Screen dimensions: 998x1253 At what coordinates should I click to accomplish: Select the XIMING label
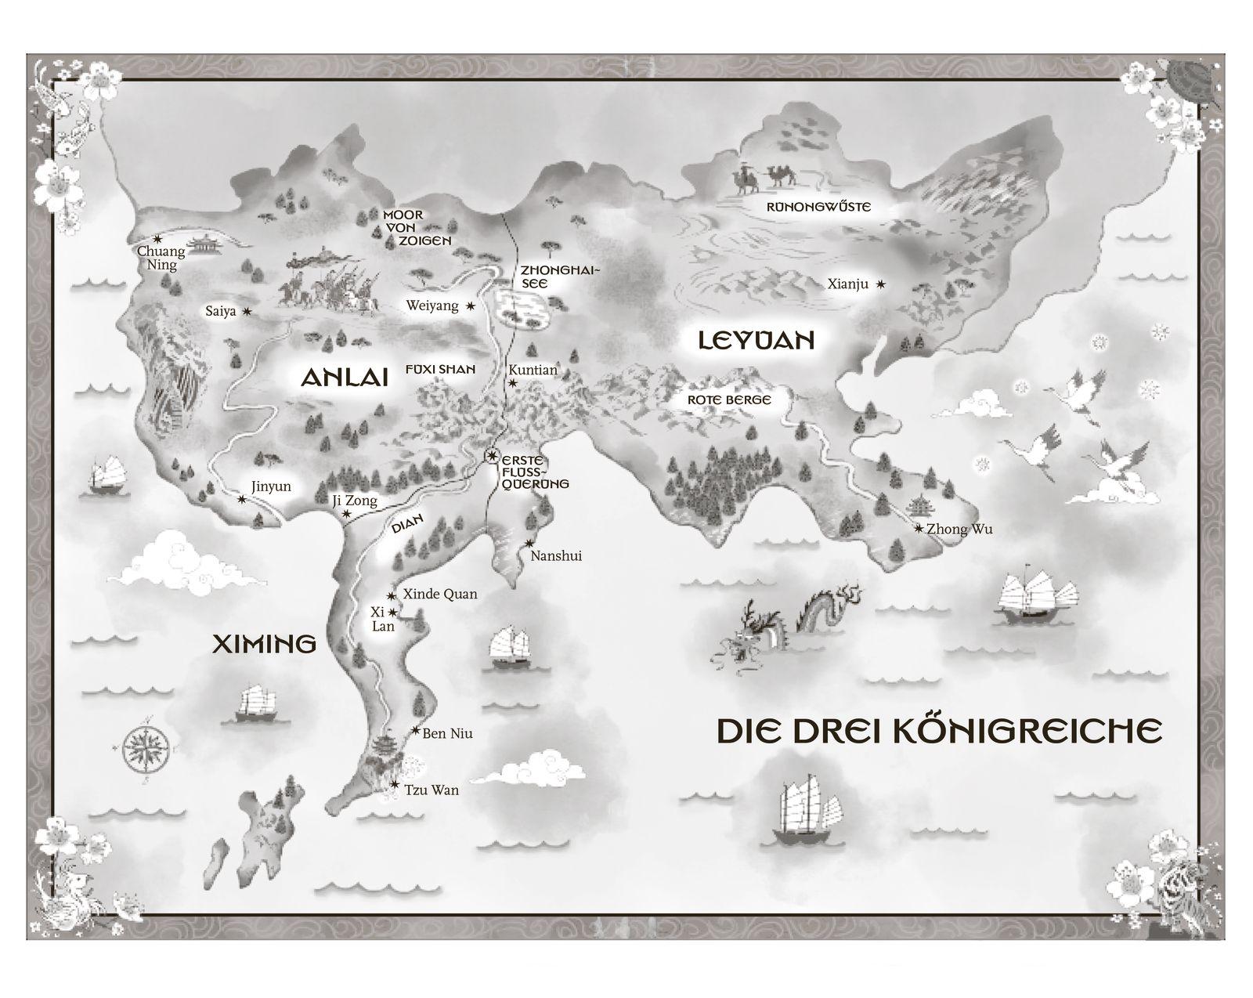[265, 645]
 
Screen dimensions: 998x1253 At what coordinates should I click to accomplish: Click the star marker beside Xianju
[881, 284]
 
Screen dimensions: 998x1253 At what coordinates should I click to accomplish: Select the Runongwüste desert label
[818, 208]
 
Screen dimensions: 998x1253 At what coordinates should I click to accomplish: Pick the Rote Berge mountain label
[729, 400]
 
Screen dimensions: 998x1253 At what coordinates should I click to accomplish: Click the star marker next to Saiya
[247, 312]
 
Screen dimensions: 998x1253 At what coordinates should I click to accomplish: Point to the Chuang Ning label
[161, 258]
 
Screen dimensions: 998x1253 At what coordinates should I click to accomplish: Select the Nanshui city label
[556, 556]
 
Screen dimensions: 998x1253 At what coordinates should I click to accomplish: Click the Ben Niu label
[447, 734]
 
